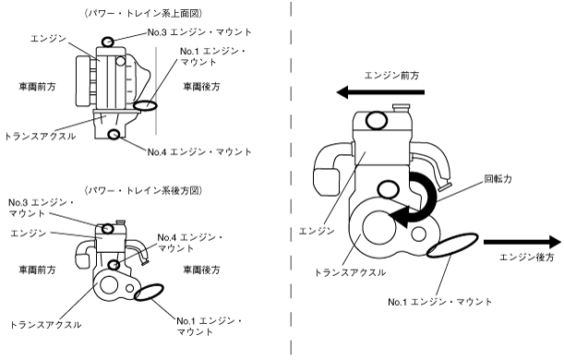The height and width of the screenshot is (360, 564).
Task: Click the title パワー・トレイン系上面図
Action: pos(143,14)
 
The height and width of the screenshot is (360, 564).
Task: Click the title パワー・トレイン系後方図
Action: pos(143,190)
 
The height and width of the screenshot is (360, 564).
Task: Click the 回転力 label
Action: pos(498,179)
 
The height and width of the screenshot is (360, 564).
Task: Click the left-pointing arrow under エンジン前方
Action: pos(380,92)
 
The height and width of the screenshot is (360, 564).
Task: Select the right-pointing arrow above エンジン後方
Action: pos(522,242)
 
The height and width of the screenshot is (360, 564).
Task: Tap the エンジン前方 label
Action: pos(391,76)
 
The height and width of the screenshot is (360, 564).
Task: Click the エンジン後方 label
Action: pos(527,258)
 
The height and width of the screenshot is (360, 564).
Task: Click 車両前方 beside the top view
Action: pos(38,87)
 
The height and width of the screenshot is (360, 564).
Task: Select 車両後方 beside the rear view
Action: pos(201,270)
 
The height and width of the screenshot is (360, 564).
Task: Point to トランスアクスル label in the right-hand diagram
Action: pos(351,272)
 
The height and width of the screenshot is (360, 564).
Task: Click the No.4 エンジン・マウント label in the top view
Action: pos(199,152)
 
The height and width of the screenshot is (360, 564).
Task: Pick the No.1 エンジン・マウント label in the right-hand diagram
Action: pos(439,302)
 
